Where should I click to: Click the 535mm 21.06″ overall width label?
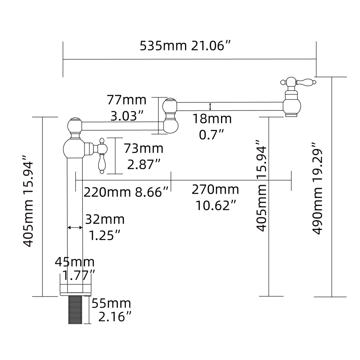[x=185, y=46]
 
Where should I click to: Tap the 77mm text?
[x=127, y=100]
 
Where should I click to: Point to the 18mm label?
[x=211, y=118]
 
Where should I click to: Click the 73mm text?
[x=143, y=148]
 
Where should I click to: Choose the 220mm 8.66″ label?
[x=126, y=192]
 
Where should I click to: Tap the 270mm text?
[x=215, y=189]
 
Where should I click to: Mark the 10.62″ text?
[x=216, y=205]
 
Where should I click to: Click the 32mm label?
[x=104, y=219]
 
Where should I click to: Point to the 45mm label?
[x=75, y=262]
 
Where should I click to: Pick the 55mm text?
[x=111, y=303]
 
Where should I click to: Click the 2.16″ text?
[x=114, y=317]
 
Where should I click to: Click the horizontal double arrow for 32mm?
[x=75, y=228]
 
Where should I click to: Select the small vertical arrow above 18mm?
[x=210, y=106]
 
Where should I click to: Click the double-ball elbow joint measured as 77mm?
[x=170, y=115]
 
